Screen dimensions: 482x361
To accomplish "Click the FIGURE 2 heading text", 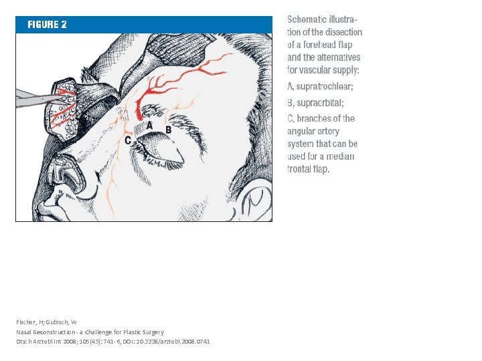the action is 47,25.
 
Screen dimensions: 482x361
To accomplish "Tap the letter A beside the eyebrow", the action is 149,125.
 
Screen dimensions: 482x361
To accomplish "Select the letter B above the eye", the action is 169,130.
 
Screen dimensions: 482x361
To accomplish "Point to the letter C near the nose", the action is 128,140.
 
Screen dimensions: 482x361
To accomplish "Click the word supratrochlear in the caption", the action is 325,87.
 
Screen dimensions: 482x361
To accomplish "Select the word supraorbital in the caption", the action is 320,103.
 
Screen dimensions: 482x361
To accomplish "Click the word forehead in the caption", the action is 319,45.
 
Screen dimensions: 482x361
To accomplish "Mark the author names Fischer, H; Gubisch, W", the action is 46,322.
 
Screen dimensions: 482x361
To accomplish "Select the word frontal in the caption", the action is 297,169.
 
